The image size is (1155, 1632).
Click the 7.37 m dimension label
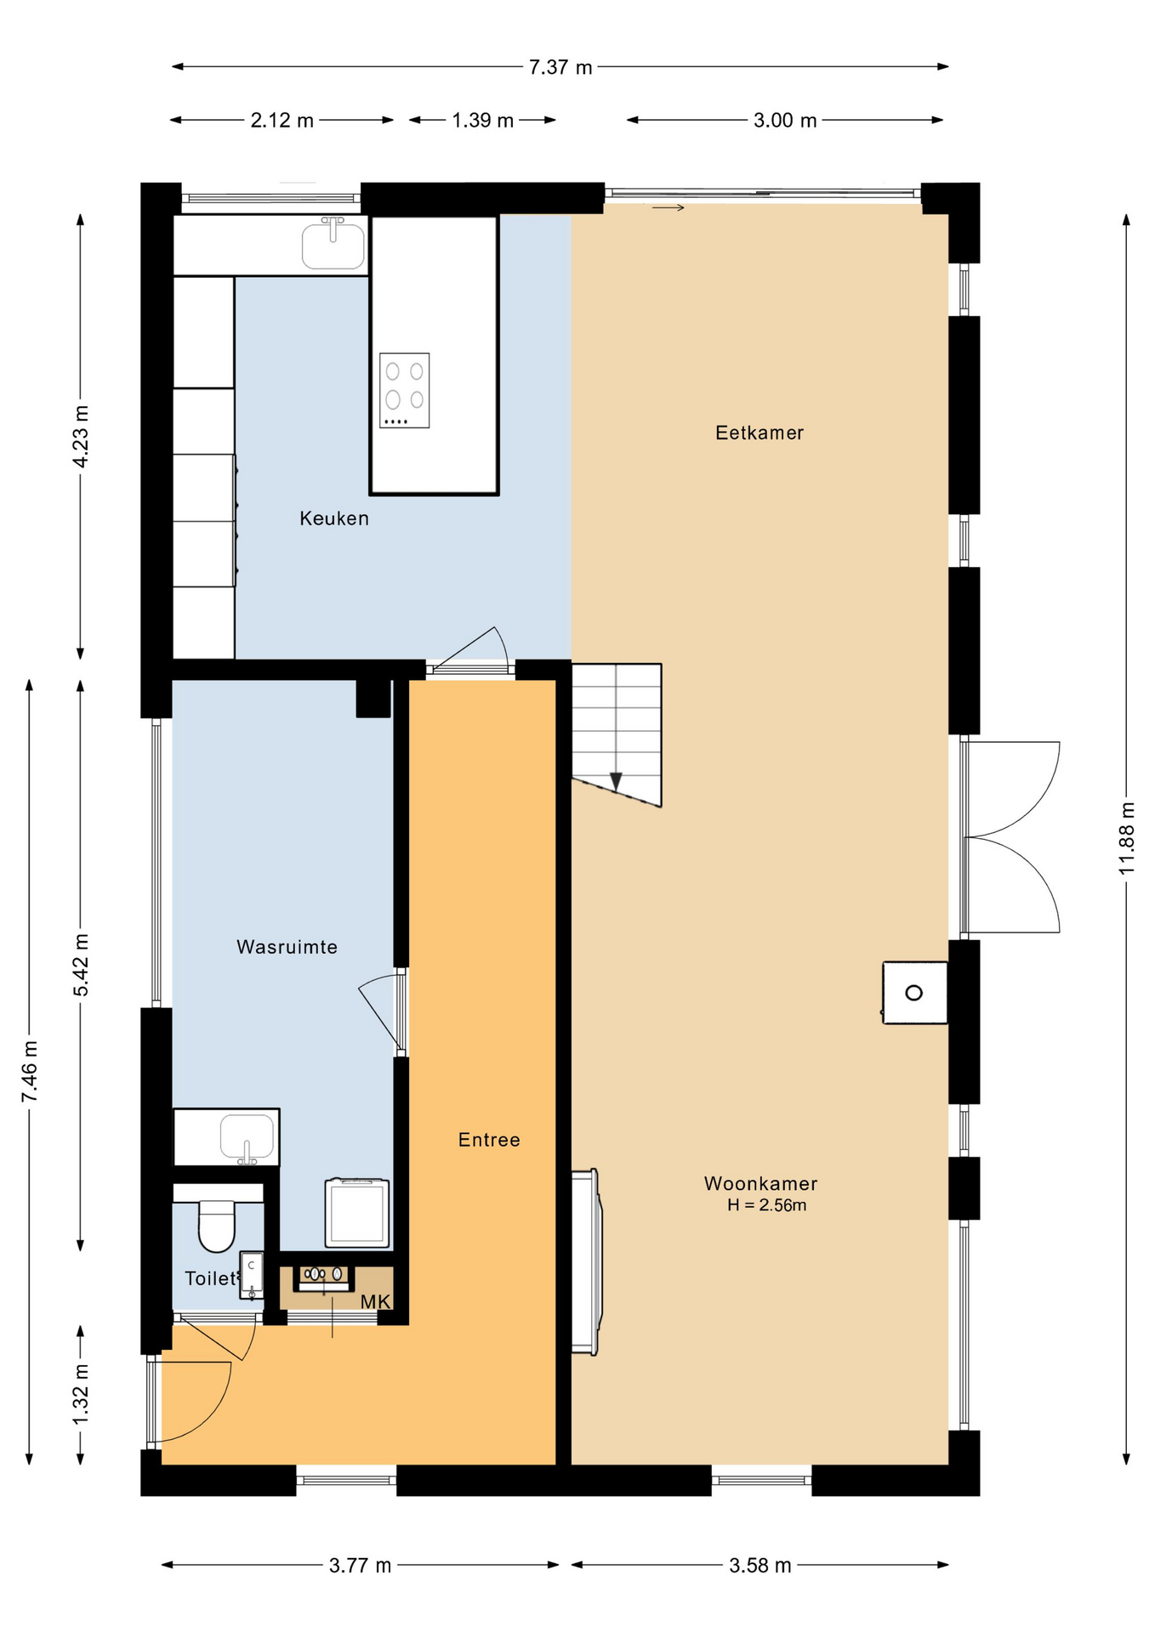coord(560,67)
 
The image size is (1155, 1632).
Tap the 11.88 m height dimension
coord(1126,838)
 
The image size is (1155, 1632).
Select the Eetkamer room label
coord(759,433)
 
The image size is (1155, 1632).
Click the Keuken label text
coord(334,518)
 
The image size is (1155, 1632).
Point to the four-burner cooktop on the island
coord(404,390)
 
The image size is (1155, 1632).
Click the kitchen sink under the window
coord(333,244)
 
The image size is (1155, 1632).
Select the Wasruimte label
coord(287,947)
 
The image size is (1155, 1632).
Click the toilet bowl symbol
coord(216,1226)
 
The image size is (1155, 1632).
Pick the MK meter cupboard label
coord(375,1302)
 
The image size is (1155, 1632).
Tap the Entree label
coord(489,1140)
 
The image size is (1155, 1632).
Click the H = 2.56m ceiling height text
coord(766,1205)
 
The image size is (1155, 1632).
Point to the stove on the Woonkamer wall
coord(914,993)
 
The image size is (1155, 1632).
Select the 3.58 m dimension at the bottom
coord(760,1566)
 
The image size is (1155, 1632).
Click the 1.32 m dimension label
coord(81,1395)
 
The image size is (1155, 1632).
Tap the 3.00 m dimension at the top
coord(784,121)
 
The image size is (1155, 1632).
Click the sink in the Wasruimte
coord(247,1137)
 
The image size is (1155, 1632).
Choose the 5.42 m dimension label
coord(81,965)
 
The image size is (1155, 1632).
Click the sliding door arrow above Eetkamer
coord(669,207)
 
